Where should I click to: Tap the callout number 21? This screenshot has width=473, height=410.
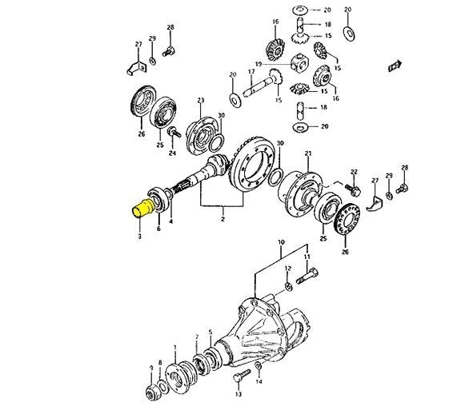(308, 153)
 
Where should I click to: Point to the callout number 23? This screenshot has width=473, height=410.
(201, 101)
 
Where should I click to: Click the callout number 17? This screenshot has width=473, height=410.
(251, 71)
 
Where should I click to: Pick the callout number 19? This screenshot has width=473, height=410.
(259, 63)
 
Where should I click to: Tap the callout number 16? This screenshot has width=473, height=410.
(275, 21)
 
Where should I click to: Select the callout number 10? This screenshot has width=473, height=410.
(280, 241)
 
